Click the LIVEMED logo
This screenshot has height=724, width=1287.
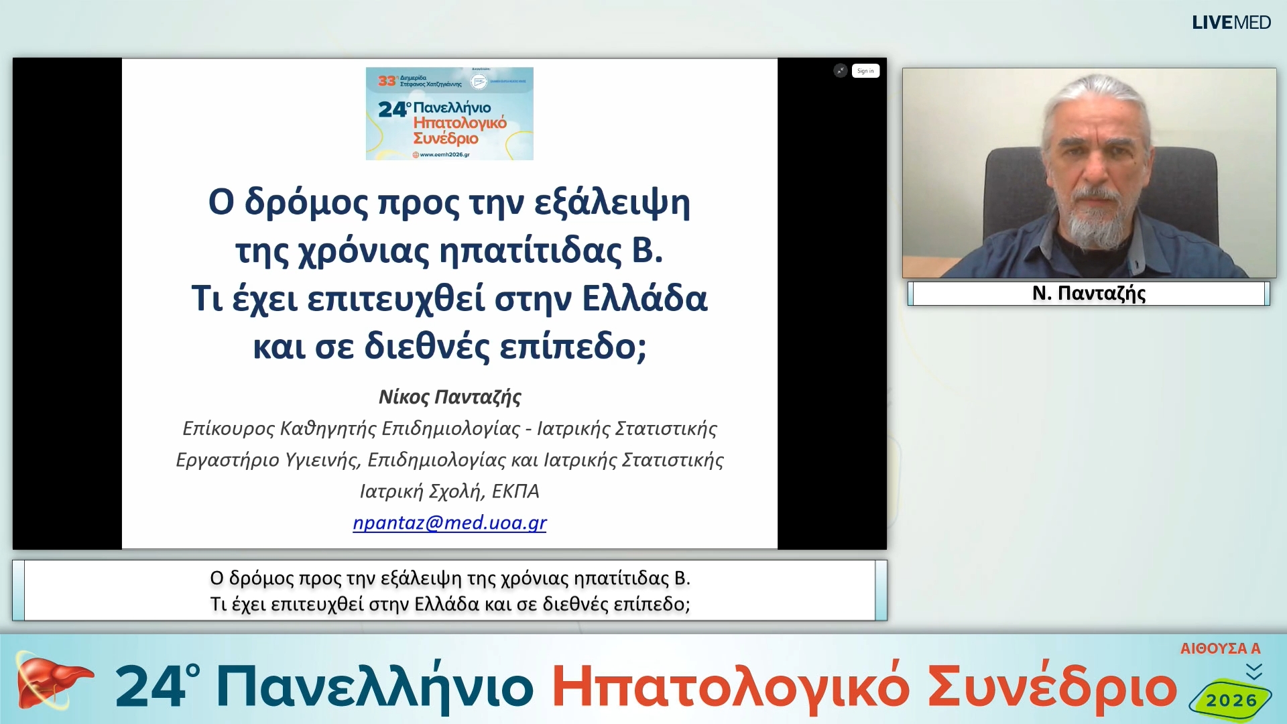point(1231,23)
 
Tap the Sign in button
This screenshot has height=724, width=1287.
point(865,71)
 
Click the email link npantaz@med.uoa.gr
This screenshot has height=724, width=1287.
point(449,522)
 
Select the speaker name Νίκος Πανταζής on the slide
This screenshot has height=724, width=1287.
point(450,397)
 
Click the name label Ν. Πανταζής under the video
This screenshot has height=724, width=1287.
point(1089,293)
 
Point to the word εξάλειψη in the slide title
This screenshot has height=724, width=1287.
point(612,202)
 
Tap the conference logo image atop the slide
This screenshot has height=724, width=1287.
point(449,113)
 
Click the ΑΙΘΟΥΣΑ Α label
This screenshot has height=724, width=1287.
point(1220,648)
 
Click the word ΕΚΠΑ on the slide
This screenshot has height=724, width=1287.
point(515,491)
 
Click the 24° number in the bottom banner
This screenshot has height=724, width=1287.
point(158,686)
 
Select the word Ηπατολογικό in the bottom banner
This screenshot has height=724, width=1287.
point(731,687)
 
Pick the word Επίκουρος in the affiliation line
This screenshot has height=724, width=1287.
point(228,428)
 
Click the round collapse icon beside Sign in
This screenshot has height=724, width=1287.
point(840,71)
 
